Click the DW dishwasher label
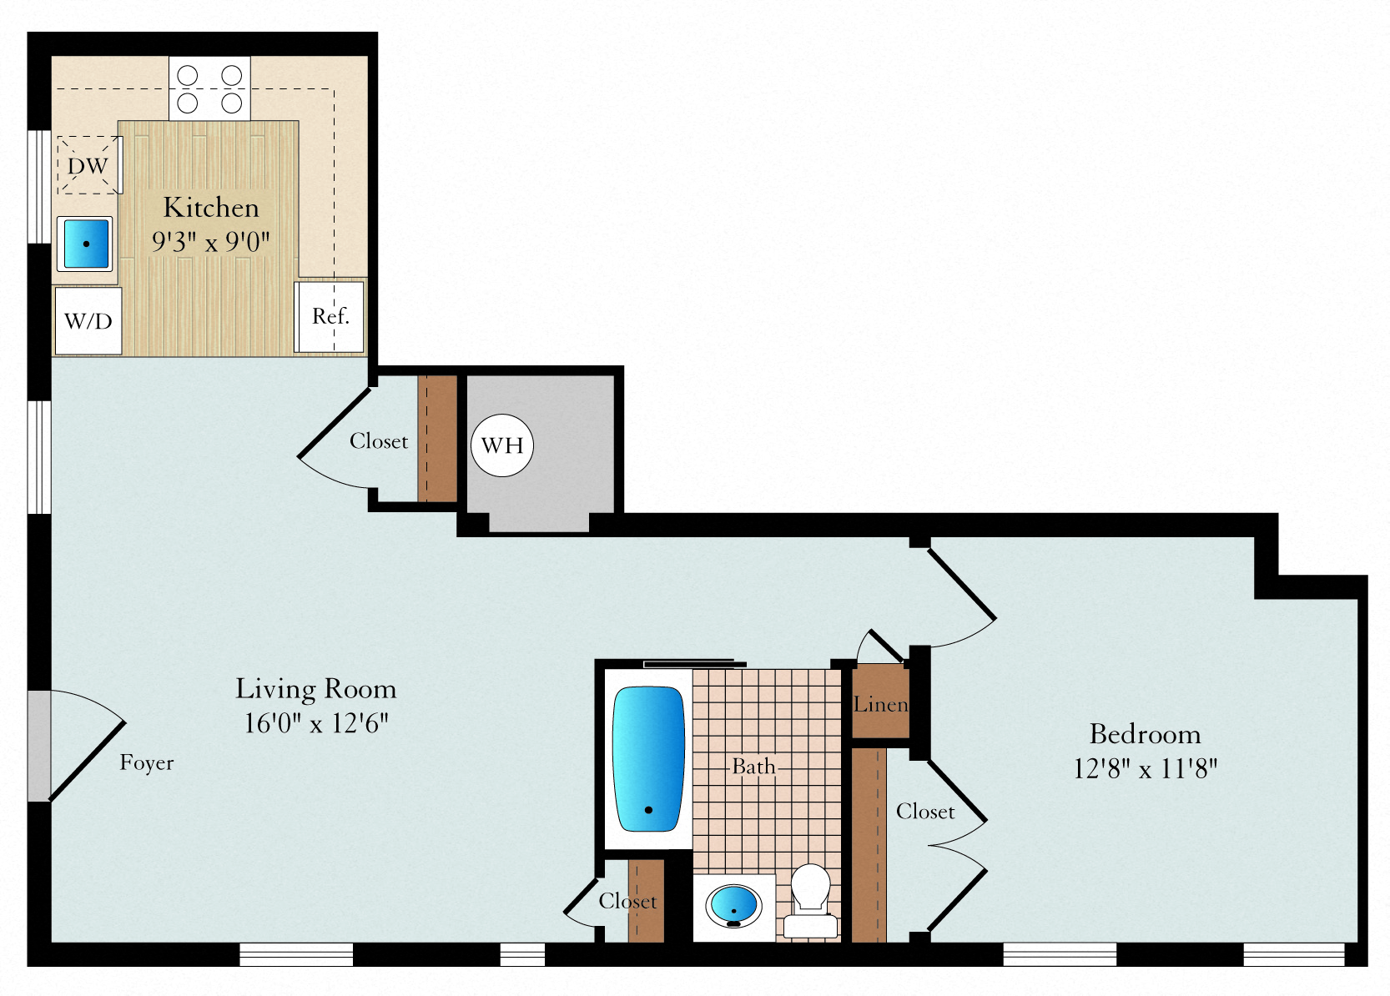[x=88, y=166]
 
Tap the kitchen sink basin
[x=85, y=244]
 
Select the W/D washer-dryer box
[x=88, y=321]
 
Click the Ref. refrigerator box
[x=329, y=317]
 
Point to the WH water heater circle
[x=502, y=445]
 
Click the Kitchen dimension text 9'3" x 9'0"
[x=211, y=241]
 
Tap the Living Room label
[x=316, y=690]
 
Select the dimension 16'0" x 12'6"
[x=316, y=723]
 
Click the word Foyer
[x=147, y=762]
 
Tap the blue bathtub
[x=648, y=758]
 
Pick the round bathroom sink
[x=733, y=907]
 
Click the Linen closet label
[x=880, y=704]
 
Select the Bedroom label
[x=1145, y=735]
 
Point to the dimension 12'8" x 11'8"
[x=1145, y=769]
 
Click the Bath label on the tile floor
[x=754, y=767]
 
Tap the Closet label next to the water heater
[x=379, y=441]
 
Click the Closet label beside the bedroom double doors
[x=925, y=812]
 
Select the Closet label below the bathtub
[x=627, y=901]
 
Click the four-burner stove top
[x=209, y=88]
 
